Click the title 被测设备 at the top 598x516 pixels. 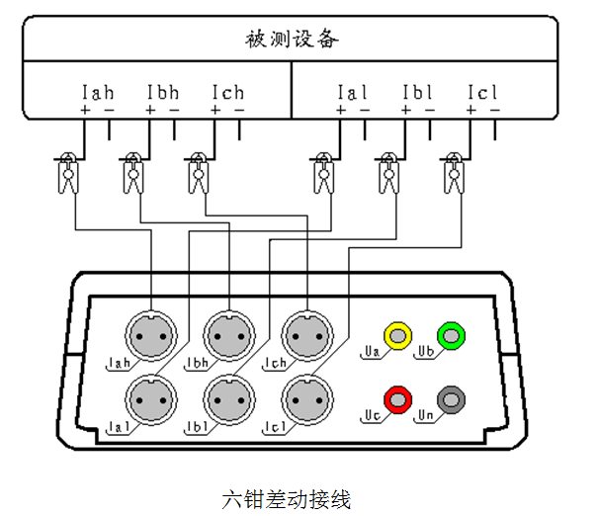point(292,40)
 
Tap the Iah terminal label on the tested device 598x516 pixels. point(98,93)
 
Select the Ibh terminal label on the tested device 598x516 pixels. point(163,93)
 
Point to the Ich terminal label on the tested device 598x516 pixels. point(227,93)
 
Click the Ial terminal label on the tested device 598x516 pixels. point(353,93)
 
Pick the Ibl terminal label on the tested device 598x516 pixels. point(418,93)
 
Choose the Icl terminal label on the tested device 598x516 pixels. point(483,93)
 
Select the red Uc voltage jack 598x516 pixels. point(398,400)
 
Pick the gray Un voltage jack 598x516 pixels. point(452,400)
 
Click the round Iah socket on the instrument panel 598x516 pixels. point(151,335)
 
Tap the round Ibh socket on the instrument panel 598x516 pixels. point(228,335)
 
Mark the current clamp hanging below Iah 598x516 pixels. point(69,173)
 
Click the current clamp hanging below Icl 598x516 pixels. point(454,173)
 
